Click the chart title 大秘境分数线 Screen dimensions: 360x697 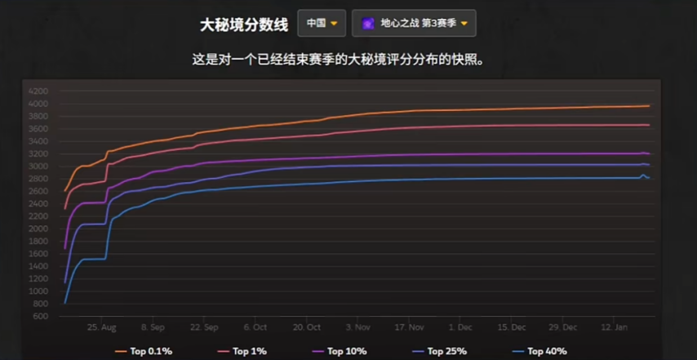tap(244, 24)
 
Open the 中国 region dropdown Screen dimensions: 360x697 tap(322, 24)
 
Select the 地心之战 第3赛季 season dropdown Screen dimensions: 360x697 tap(414, 24)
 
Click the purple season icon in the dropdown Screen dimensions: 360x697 tap(368, 24)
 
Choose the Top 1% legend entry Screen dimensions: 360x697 tap(242, 352)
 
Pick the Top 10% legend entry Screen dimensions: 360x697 tap(339, 352)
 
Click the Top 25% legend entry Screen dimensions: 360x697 tap(437, 352)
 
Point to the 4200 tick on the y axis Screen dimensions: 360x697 tap(38, 91)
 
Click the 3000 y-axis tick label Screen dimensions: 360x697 tap(38, 167)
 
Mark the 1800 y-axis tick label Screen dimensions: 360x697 tap(38, 241)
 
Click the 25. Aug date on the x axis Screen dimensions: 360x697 tap(102, 327)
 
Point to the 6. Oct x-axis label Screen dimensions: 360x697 tap(255, 327)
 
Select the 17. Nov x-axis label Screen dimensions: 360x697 tap(410, 327)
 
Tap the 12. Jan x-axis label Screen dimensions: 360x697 tap(615, 327)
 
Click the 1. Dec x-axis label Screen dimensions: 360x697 tap(461, 327)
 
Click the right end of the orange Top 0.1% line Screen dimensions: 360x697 tap(648, 106)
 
